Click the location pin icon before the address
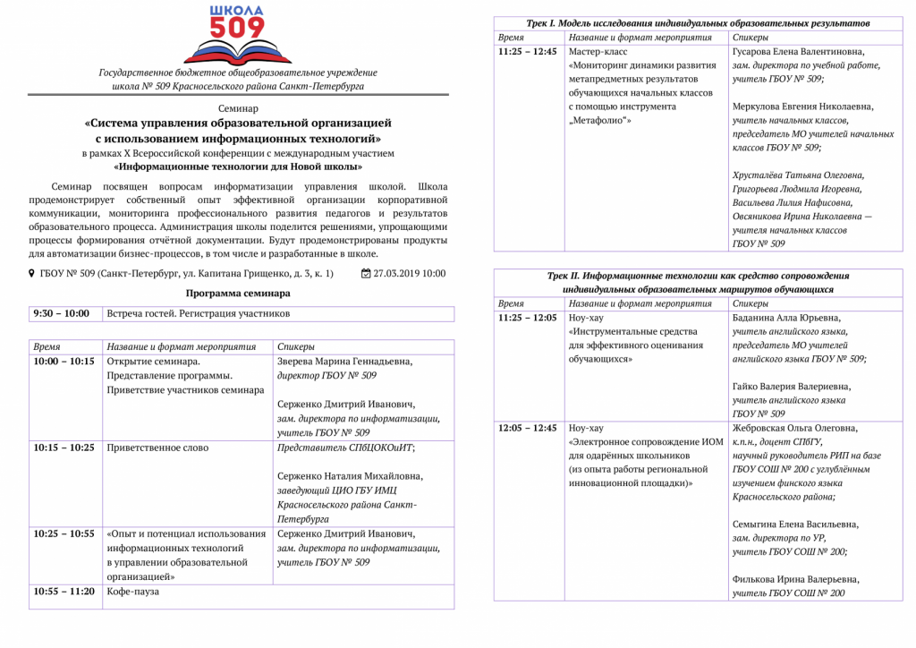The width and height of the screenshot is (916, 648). point(32,274)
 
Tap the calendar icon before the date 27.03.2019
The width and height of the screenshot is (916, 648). point(365,274)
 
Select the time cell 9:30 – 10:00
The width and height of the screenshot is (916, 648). point(62,314)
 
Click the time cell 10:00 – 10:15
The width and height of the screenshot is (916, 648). point(64,362)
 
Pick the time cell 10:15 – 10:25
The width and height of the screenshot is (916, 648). point(64,448)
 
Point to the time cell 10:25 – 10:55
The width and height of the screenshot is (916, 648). point(64,533)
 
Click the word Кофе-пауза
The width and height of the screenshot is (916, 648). point(133,592)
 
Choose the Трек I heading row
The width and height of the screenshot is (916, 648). point(695,22)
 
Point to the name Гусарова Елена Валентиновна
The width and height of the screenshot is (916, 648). point(799,52)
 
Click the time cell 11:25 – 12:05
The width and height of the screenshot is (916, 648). point(527,318)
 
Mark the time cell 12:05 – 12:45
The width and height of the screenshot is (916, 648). point(527,428)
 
